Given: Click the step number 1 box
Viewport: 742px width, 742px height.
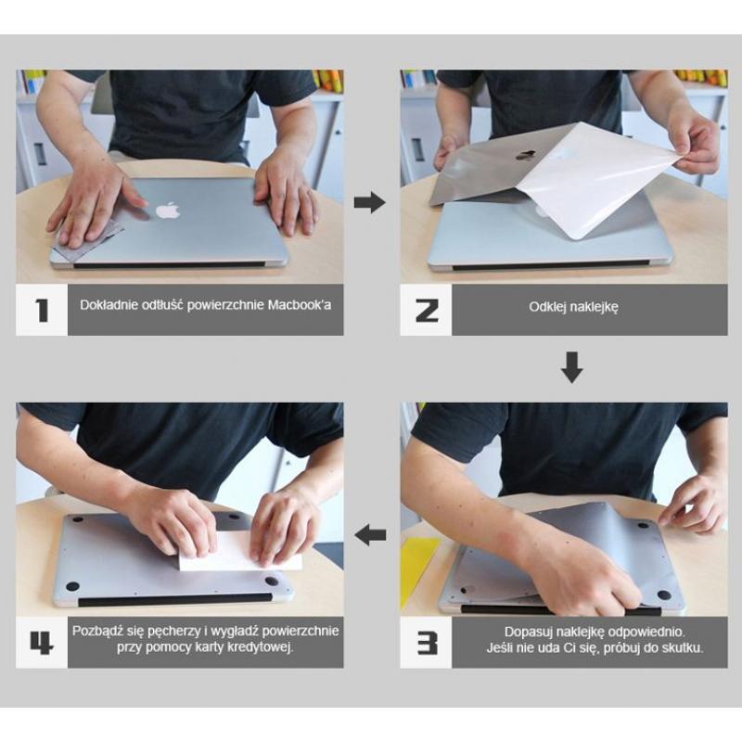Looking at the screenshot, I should [x=42, y=310].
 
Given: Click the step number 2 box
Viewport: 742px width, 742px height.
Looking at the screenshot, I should [x=426, y=310].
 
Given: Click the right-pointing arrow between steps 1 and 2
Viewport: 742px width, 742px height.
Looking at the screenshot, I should [x=370, y=202].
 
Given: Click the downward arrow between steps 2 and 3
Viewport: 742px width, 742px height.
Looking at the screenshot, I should [x=572, y=367].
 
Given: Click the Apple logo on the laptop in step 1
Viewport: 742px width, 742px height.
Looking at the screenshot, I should [x=167, y=210].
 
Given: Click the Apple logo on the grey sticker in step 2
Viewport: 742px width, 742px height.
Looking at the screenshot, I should [x=526, y=156].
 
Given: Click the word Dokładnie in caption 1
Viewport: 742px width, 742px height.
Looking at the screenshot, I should [x=109, y=304].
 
